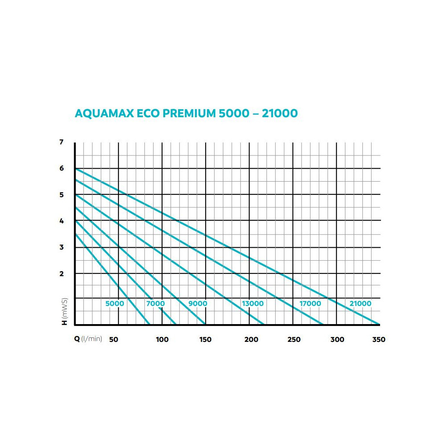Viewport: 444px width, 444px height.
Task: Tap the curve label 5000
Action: click(x=115, y=304)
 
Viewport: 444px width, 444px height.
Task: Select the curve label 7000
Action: click(x=155, y=304)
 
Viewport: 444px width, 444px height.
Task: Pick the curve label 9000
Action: click(x=198, y=304)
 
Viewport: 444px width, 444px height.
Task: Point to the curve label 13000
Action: click(x=253, y=304)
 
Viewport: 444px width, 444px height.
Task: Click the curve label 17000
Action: click(x=310, y=304)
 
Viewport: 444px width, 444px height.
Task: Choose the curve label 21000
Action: click(x=360, y=304)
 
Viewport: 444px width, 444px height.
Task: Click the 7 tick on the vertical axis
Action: click(x=61, y=143)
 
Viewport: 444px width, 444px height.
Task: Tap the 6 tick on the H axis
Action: click(x=61, y=169)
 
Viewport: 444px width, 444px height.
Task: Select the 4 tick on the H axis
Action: click(x=61, y=221)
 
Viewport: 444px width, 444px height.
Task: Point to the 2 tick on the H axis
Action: click(x=61, y=274)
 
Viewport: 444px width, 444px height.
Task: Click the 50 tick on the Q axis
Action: click(x=114, y=340)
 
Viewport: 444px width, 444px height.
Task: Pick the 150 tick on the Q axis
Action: click(x=205, y=340)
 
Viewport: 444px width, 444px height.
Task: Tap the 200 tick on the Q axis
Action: click(x=251, y=340)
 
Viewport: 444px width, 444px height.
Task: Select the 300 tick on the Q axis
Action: click(x=337, y=340)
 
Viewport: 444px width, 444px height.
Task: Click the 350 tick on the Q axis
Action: click(x=379, y=340)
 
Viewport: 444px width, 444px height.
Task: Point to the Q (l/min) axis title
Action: click(x=88, y=339)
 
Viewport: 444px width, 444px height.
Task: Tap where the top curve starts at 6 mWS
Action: click(x=75, y=169)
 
